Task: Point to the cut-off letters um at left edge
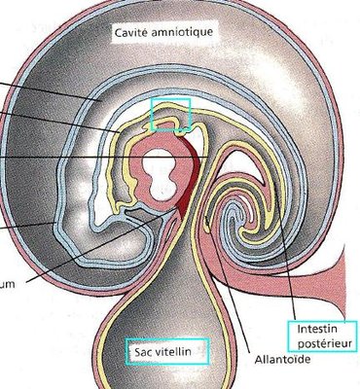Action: pos(8,285)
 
